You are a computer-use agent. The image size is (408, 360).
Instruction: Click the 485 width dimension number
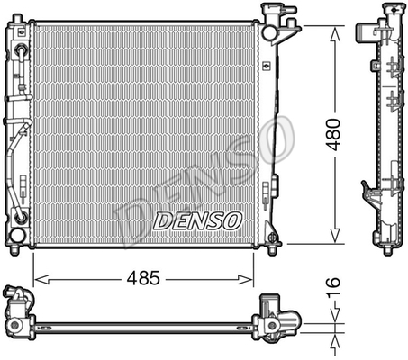pyautogui.click(x=143, y=278)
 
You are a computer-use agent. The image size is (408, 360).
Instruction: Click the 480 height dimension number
pyautogui.click(x=333, y=134)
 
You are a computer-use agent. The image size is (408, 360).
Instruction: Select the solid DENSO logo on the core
pyautogui.click(x=197, y=221)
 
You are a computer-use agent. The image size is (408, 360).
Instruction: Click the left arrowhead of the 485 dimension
pyautogui.click(x=41, y=279)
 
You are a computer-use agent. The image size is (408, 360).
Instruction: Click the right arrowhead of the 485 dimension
pyautogui.click(x=245, y=279)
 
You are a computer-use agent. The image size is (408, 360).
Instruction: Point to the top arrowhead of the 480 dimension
pyautogui.click(x=335, y=33)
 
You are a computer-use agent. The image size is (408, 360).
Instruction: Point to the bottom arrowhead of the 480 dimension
pyautogui.click(x=335, y=236)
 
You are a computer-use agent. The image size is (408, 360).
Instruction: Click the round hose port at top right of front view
pyautogui.click(x=269, y=32)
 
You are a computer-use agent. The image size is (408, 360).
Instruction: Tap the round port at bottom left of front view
pyautogui.click(x=17, y=236)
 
